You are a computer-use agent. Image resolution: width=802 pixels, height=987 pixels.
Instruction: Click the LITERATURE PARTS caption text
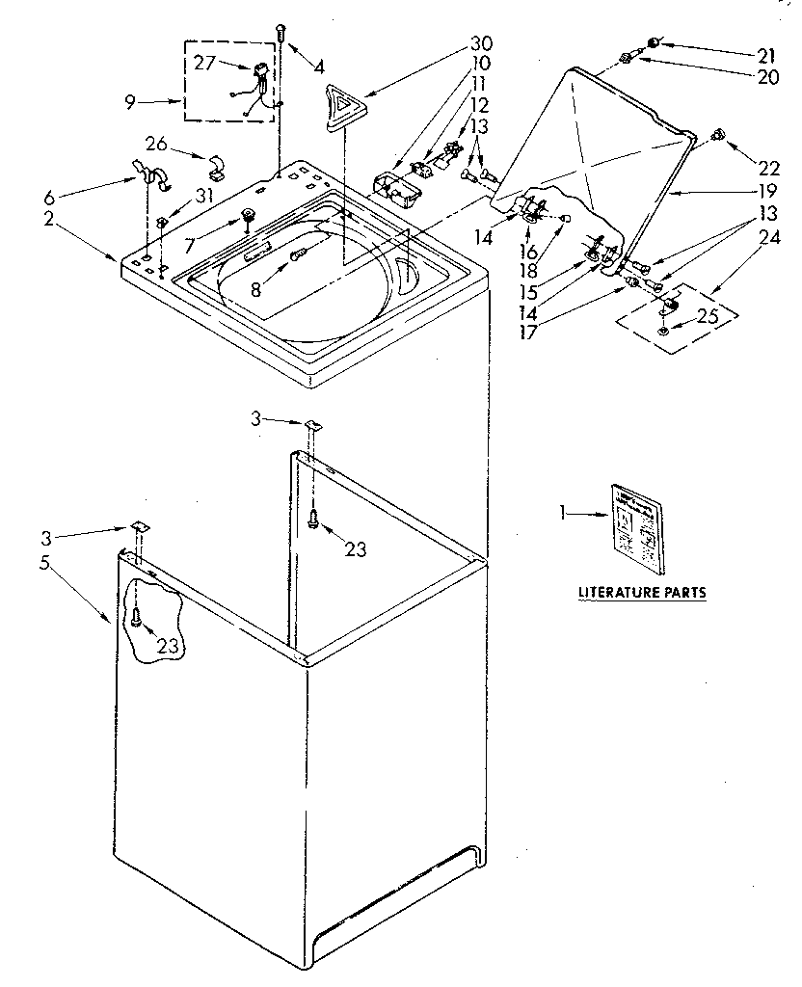(641, 592)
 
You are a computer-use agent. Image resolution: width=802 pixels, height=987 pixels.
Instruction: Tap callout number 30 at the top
(481, 43)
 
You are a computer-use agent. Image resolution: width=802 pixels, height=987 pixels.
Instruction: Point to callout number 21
(765, 56)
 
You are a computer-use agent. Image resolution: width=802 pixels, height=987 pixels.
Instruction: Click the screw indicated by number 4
(280, 33)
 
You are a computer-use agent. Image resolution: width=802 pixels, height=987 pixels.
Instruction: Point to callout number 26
(157, 145)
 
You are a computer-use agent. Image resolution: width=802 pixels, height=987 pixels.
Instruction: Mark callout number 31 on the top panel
(203, 195)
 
